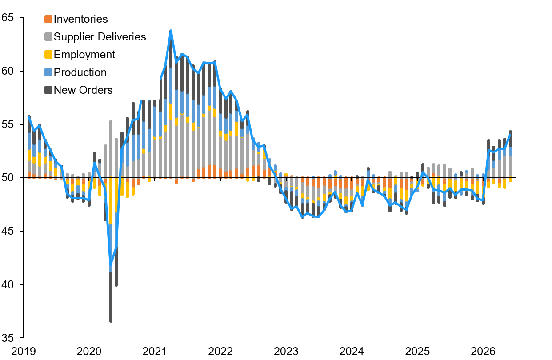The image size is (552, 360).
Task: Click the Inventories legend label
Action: coord(80,19)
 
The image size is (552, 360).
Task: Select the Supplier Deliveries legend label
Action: coord(100,37)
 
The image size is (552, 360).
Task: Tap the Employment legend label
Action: coord(84,55)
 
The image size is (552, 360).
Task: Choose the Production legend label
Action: coord(80,72)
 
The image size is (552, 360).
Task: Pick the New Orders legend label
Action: coord(83,90)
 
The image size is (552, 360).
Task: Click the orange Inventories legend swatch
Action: coord(48,19)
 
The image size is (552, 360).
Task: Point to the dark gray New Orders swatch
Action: coord(48,90)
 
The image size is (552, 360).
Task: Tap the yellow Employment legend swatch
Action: coord(48,55)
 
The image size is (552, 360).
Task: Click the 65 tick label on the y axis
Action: coord(8,18)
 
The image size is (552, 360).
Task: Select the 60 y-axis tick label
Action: coord(8,71)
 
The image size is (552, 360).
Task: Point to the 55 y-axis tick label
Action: coord(8,124)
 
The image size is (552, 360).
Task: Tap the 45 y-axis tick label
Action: coord(8,231)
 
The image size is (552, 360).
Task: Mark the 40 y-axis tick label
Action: coord(8,284)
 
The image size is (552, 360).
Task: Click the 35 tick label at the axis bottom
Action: coord(8,338)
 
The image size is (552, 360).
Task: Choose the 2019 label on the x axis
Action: coord(24,352)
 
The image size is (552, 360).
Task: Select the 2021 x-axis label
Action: coord(155,352)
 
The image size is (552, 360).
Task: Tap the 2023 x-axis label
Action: coord(286,352)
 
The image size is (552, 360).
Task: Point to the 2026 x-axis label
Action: coord(483,352)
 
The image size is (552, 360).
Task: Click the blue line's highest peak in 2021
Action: coord(171,31)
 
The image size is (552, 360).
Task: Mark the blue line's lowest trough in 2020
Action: coord(111,264)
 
